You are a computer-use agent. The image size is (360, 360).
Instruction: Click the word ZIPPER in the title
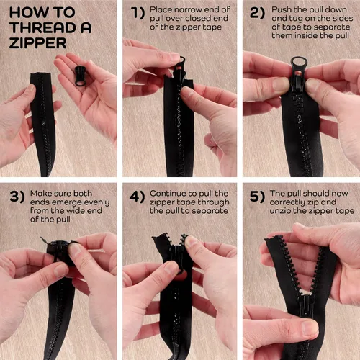point(37,43)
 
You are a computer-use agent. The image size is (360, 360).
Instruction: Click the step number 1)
point(138,13)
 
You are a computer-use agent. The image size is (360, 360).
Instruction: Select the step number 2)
point(257,13)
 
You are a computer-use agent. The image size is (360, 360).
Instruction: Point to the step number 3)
point(17,197)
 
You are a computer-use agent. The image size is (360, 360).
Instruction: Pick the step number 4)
point(137,197)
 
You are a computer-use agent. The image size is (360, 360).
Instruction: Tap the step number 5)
point(257,197)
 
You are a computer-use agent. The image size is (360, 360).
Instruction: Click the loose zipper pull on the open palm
point(80,76)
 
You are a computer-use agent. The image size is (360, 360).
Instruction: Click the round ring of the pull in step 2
point(299,64)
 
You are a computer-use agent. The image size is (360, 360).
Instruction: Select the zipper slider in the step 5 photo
point(306,305)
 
